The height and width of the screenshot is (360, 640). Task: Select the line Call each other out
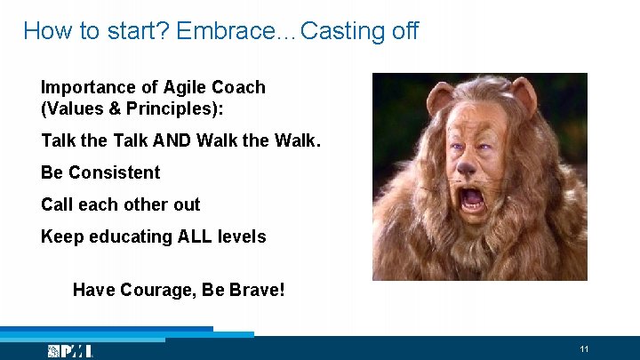pos(120,204)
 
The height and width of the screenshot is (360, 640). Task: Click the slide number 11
pos(584,348)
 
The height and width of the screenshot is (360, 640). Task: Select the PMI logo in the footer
pos(70,351)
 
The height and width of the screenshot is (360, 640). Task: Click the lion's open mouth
pos(473,198)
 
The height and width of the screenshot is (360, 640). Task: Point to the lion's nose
pos(465,167)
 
